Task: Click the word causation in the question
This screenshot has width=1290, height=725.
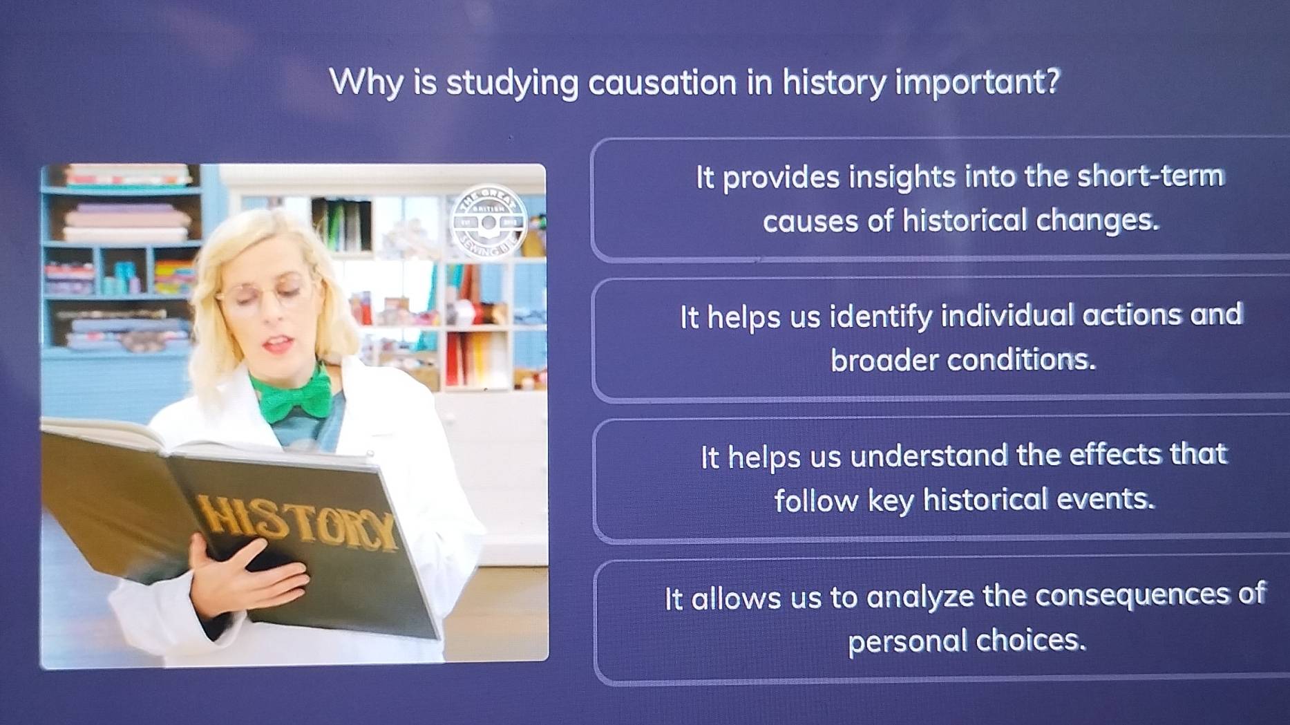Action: [x=663, y=84]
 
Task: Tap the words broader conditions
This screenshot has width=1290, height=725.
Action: [x=962, y=360]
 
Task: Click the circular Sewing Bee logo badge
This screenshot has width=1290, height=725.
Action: [x=489, y=223]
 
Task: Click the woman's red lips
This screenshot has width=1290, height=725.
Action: [x=279, y=343]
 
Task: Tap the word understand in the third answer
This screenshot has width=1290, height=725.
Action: [x=929, y=456]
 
